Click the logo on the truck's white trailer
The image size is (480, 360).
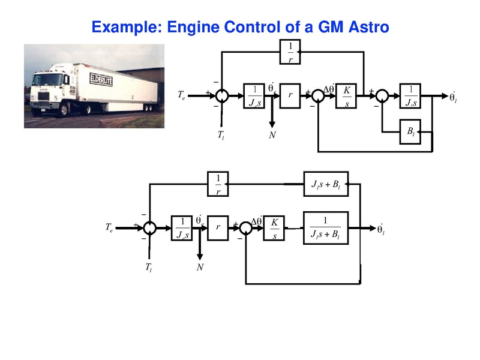100,79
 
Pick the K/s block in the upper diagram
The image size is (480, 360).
347,96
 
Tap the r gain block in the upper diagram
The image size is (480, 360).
290,96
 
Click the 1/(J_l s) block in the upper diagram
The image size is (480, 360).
410,96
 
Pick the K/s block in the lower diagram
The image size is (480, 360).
275,228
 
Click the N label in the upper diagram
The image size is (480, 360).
272,136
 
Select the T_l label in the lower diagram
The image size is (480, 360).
148,268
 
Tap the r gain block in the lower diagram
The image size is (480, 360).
218,228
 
